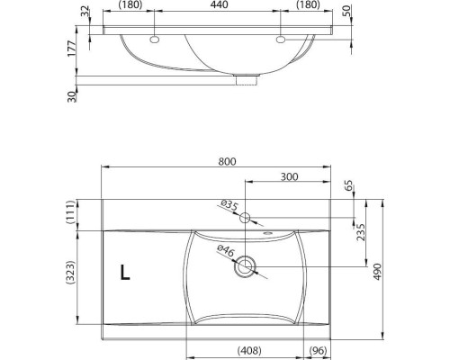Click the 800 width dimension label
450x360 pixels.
(x=227, y=161)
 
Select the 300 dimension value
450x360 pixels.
(x=289, y=176)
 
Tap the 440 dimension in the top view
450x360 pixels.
(x=219, y=4)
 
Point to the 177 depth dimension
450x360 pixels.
(x=71, y=49)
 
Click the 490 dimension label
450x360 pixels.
(x=377, y=272)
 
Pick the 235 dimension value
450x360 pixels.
(x=361, y=232)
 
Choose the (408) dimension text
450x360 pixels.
(x=249, y=350)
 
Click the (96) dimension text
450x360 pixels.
(x=318, y=350)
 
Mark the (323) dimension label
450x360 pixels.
(x=70, y=273)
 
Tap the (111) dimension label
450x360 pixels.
(x=70, y=212)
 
